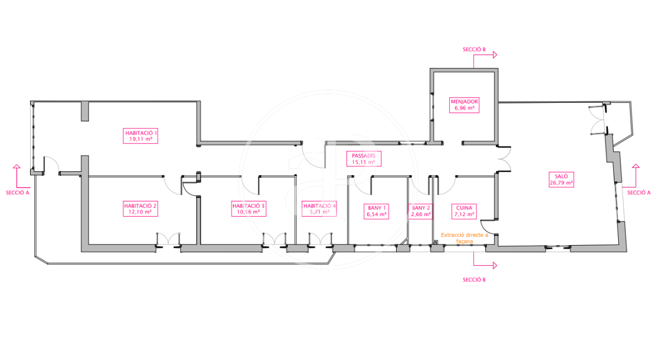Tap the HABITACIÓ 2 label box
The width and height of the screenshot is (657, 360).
click(x=140, y=208)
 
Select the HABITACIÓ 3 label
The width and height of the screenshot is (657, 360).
click(x=249, y=208)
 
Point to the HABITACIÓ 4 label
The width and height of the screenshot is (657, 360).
click(x=319, y=208)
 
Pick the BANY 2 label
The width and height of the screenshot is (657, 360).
click(x=421, y=211)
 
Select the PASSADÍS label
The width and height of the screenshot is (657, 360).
click(x=363, y=159)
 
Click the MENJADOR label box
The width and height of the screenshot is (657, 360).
click(x=464, y=104)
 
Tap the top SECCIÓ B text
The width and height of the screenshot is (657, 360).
click(x=474, y=49)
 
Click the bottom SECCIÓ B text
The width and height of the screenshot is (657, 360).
click(x=474, y=280)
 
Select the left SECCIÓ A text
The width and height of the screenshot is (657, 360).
click(x=18, y=193)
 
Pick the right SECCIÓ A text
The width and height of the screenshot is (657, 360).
click(x=638, y=193)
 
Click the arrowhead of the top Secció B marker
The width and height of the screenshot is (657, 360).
click(x=494, y=55)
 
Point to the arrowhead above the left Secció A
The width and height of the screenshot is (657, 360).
click(x=16, y=166)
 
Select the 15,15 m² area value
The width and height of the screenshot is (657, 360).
click(x=363, y=162)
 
